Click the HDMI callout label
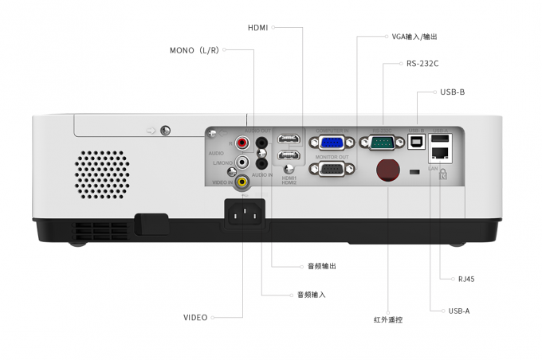(x=257, y=27)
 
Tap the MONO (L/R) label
(x=193, y=50)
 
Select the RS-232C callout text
(x=422, y=64)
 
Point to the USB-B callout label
(x=452, y=92)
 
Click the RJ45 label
(x=466, y=280)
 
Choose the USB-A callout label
(x=459, y=311)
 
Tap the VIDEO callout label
(x=195, y=318)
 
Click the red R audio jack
(x=242, y=143)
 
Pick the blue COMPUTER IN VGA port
(x=332, y=143)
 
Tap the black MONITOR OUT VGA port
(x=332, y=169)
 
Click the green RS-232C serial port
(x=383, y=143)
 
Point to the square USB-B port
(x=416, y=143)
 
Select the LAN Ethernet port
(x=440, y=155)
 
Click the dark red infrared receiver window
(x=387, y=171)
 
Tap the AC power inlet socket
(x=245, y=213)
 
